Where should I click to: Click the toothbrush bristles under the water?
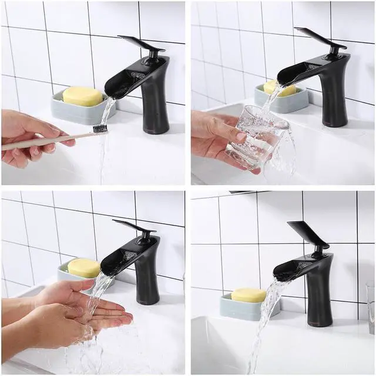100,128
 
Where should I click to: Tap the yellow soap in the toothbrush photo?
82,96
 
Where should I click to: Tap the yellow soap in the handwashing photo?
83,268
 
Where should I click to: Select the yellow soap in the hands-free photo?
249,295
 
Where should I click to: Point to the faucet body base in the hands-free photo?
319,305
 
